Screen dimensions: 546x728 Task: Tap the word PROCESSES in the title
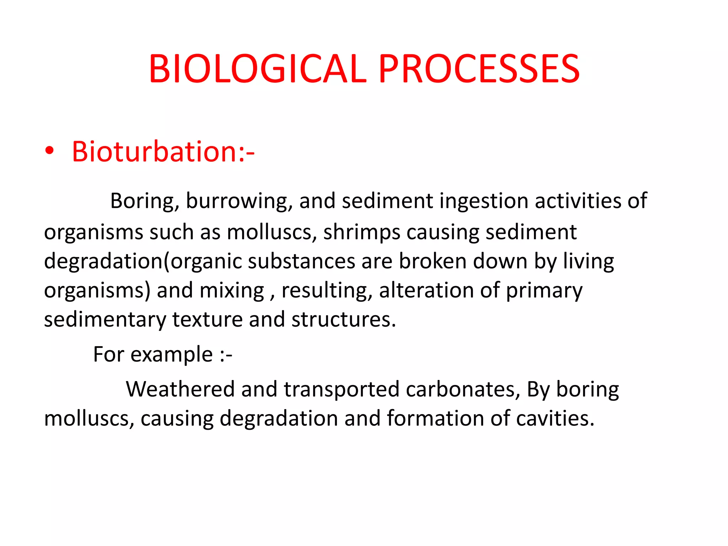[479, 69]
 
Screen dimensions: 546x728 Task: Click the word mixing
[232, 291]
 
